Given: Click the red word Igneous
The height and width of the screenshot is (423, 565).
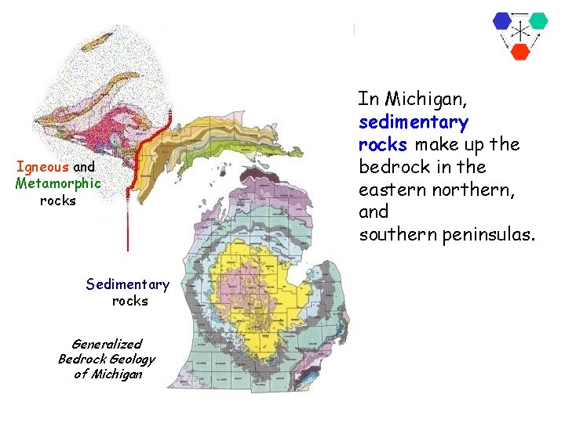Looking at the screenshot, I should click(42, 167).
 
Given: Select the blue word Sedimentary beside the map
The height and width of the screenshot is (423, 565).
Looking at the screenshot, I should click(127, 284).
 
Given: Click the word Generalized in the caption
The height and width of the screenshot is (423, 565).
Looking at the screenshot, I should click(107, 343).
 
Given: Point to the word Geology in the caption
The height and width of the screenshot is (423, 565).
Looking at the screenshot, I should click(136, 359).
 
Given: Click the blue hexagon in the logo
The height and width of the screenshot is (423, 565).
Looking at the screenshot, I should click(502, 21).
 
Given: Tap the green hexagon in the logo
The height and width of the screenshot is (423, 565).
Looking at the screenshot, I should click(538, 20).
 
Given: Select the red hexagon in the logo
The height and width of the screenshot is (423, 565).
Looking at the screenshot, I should click(520, 52).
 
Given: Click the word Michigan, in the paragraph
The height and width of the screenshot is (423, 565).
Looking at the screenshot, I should click(423, 99).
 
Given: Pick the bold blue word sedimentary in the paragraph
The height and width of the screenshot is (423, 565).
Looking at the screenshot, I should click(413, 122).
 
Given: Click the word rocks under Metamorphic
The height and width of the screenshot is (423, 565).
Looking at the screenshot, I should click(57, 201).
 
